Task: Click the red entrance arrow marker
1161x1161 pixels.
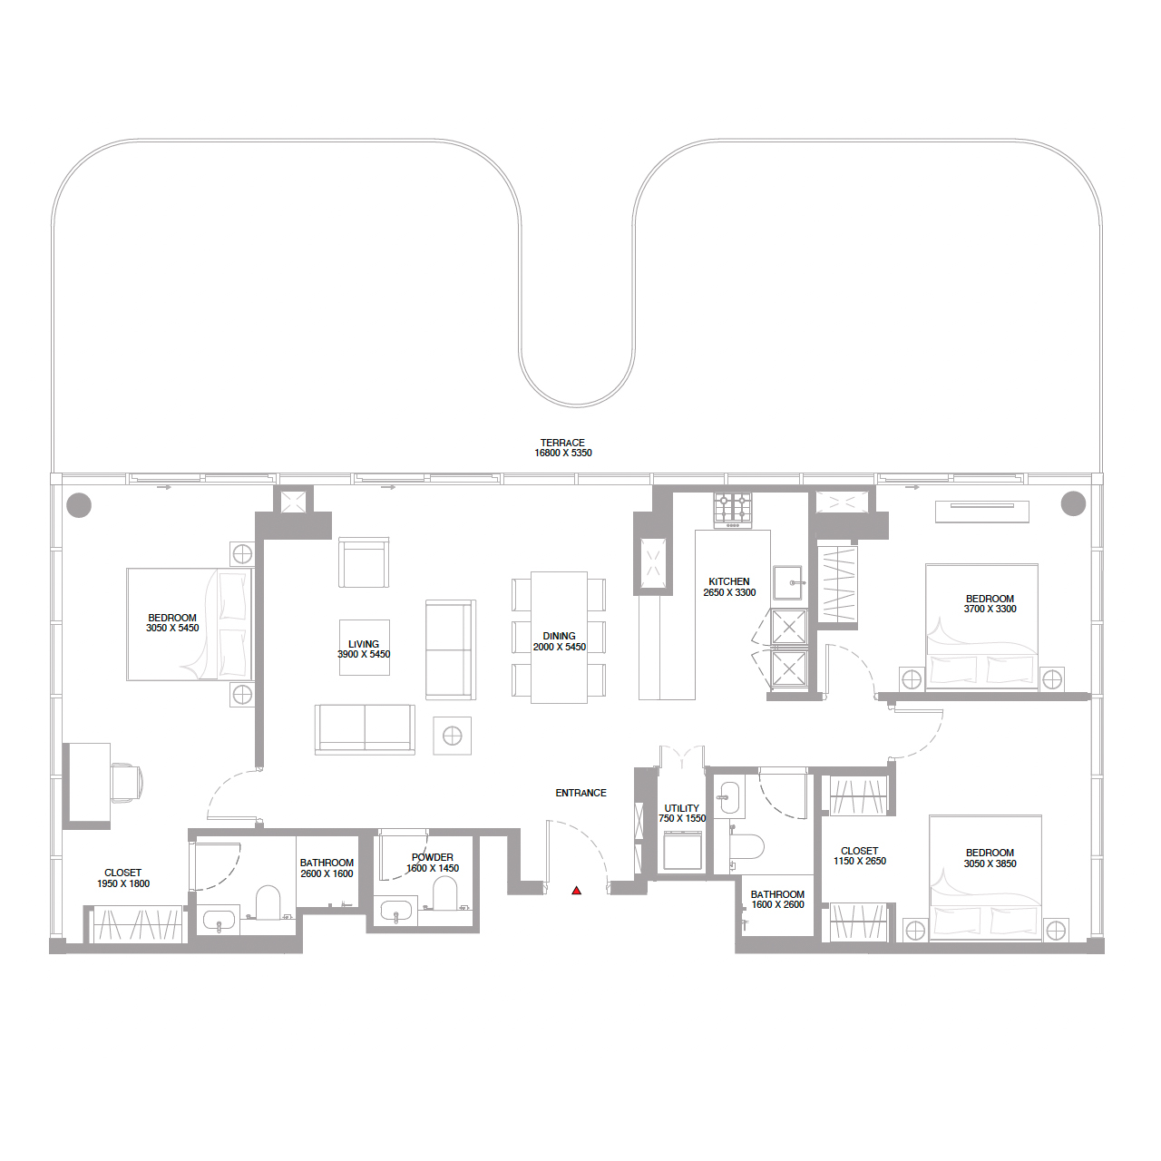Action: coord(576,891)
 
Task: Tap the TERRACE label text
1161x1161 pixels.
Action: coord(562,443)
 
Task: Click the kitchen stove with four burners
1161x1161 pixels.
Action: coord(733,509)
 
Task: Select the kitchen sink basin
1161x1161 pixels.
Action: coord(789,582)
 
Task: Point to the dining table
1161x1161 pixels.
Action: coord(559,637)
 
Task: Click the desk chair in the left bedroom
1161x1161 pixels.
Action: coord(126,782)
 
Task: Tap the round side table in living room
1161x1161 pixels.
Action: coord(453,736)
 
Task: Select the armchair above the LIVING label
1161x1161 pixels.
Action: coord(364,562)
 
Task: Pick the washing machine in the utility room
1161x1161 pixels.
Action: coord(683,851)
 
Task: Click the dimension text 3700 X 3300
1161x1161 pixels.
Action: coord(990,610)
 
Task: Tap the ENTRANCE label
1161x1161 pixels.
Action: coord(580,793)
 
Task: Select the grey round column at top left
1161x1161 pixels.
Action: coord(79,504)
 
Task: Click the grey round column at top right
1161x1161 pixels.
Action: coord(1073,502)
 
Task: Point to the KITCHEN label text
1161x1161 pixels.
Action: coord(729,581)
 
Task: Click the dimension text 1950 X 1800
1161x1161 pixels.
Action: coord(123,883)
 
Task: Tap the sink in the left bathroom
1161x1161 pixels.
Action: coord(219,921)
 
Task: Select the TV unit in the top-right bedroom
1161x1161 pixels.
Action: coord(982,512)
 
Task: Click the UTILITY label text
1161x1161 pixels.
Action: coord(682,808)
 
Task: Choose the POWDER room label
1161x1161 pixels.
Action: coord(433,857)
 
